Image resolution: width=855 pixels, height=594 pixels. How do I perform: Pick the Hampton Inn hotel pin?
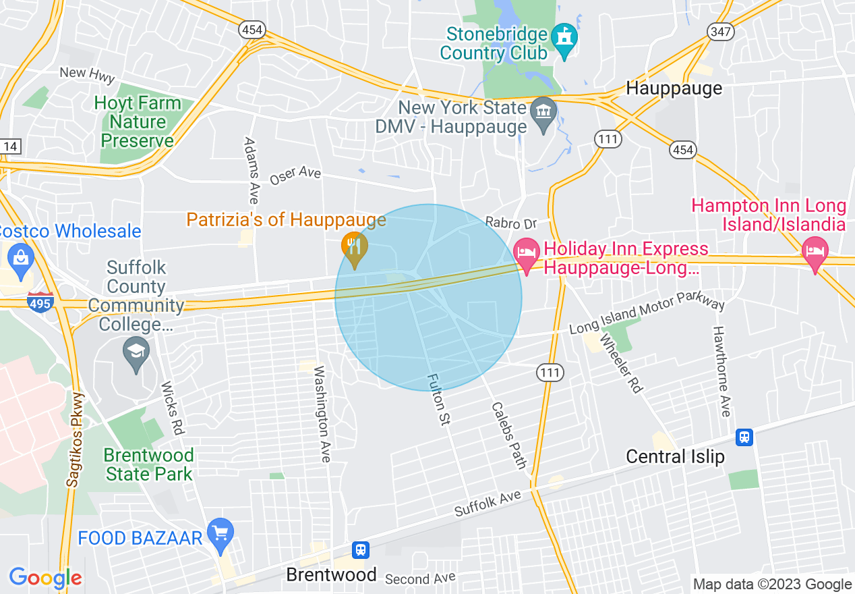pos(815,254)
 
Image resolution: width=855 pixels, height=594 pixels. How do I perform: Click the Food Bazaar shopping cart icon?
pos(220,534)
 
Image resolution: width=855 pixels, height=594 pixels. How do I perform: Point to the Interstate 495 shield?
pos(40,303)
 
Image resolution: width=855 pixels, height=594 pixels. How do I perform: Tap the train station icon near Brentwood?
pos(361,549)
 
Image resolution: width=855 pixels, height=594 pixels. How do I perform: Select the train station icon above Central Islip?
pos(744,437)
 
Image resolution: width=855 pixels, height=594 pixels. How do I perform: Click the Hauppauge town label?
pos(674,88)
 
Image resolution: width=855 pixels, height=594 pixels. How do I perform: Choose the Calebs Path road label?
pos(509,435)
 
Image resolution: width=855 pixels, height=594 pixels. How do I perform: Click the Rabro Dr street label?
pos(510,223)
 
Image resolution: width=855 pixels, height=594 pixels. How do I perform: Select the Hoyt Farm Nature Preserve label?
pos(138,122)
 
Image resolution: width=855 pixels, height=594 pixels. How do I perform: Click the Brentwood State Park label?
pos(149,464)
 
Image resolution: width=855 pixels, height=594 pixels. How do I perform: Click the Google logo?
pos(45,578)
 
